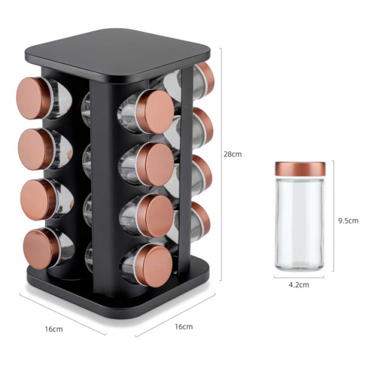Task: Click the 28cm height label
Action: point(233,154)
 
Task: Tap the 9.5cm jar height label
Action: point(348,221)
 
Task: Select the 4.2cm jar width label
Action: point(299,285)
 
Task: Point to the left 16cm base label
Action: point(54,329)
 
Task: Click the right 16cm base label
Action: point(183,326)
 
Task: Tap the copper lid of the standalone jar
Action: point(300,169)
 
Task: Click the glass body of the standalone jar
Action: point(300,223)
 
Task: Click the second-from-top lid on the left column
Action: point(34,149)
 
